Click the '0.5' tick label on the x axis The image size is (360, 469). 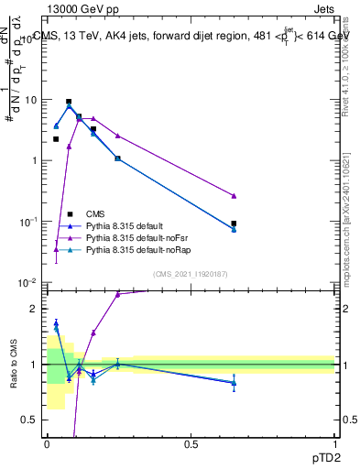(x=191, y=444)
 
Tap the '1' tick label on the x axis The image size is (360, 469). (x=335, y=444)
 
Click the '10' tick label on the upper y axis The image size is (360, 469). (x=31, y=100)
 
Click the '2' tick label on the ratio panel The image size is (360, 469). (x=36, y=309)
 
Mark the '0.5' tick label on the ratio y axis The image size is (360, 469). (x=31, y=420)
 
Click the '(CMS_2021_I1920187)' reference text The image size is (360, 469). (x=190, y=273)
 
